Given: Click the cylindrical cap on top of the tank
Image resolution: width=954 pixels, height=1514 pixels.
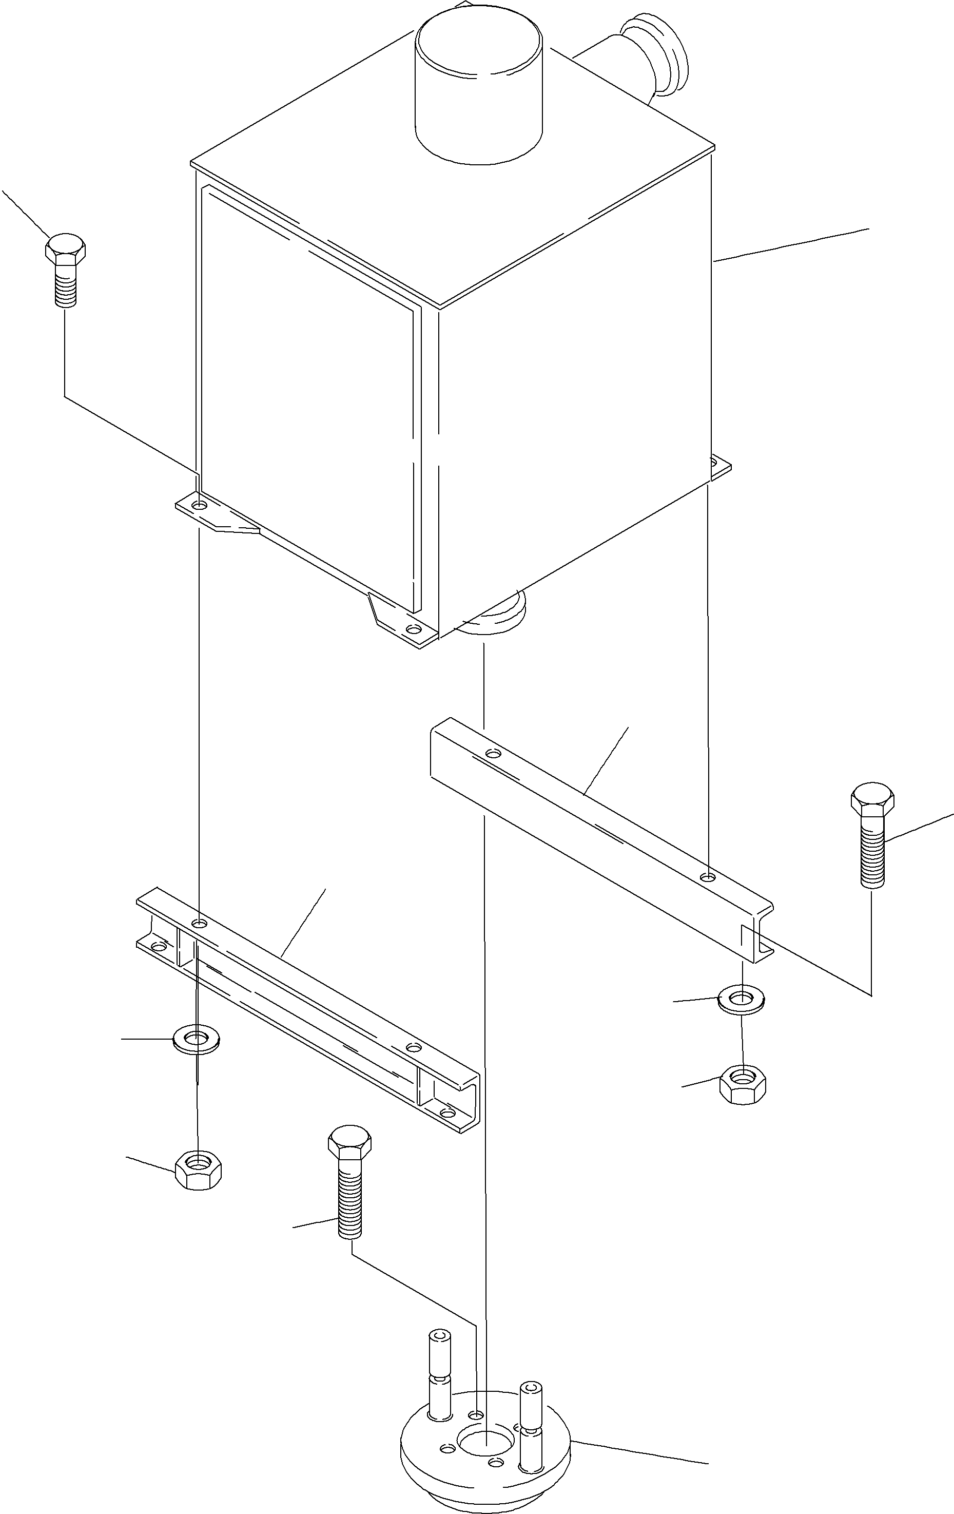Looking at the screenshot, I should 479,88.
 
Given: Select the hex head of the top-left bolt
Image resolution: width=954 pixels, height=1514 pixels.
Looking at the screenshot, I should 65,250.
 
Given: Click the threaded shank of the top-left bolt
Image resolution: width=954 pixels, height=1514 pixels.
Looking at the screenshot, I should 65,286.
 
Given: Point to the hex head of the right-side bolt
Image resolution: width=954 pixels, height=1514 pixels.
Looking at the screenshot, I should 872,800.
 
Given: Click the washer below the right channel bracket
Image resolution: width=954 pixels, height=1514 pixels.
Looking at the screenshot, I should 742,999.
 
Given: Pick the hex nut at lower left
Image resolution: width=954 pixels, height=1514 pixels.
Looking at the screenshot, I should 199,1170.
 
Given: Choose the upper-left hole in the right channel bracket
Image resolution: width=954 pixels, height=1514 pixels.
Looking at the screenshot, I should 494,753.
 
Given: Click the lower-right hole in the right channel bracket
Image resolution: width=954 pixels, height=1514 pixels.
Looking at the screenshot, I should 708,876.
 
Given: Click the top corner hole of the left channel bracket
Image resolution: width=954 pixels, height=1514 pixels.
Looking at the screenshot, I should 199,923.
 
